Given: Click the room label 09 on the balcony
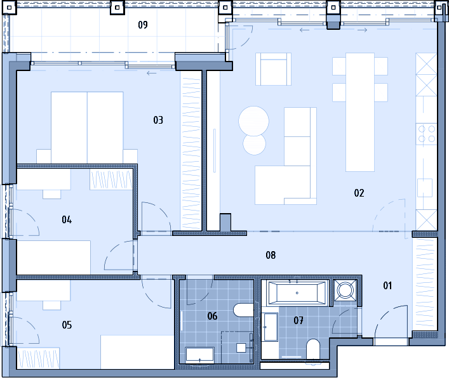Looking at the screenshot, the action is click(x=143, y=25).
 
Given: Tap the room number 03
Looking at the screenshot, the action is click(x=158, y=120).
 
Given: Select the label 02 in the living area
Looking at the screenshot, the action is click(x=359, y=193).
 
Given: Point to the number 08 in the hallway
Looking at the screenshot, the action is click(x=271, y=255).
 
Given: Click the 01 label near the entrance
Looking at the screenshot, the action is click(x=387, y=285).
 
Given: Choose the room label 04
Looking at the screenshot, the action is click(x=67, y=219).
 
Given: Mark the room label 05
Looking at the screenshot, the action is click(x=67, y=325).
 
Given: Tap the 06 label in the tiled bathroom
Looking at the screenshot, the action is click(x=212, y=316).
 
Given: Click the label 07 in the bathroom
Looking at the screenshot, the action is click(x=298, y=320).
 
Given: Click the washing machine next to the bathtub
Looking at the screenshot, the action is click(x=345, y=290).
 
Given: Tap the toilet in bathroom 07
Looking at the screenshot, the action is click(x=313, y=349).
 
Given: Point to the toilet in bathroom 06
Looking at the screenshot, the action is click(x=243, y=310).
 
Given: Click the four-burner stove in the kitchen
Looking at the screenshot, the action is click(x=426, y=134).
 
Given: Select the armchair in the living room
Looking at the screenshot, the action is click(x=274, y=69).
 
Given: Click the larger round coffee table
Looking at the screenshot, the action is click(x=253, y=121).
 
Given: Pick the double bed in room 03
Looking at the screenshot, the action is click(x=87, y=128).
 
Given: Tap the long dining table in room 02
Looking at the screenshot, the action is click(x=360, y=112).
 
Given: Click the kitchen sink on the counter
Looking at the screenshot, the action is click(x=425, y=188).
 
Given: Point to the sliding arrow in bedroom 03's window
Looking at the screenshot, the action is click(x=152, y=73).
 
